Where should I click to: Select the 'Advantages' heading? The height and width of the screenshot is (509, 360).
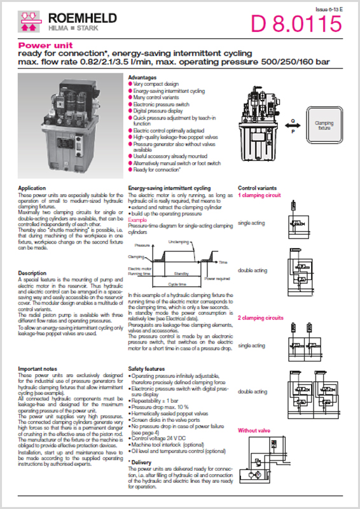(x=142, y=78)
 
